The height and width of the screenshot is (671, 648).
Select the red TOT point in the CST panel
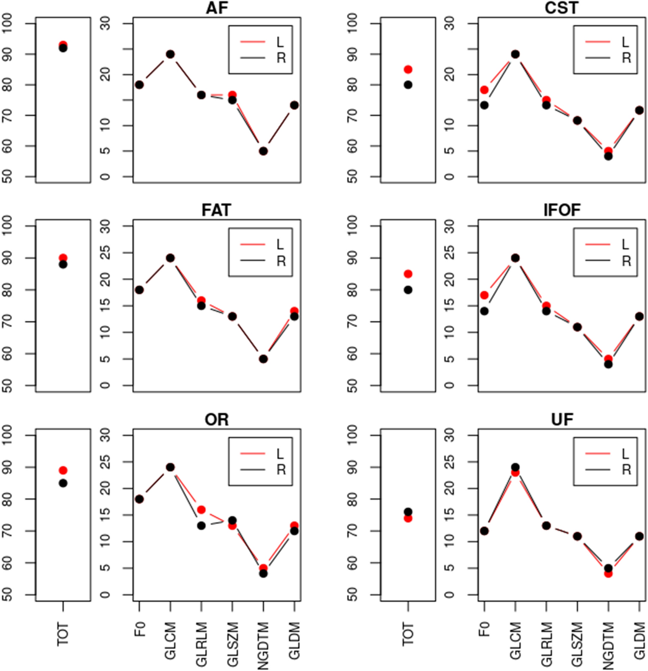pyautogui.click(x=408, y=69)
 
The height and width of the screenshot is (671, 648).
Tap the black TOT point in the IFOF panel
pyautogui.click(x=408, y=290)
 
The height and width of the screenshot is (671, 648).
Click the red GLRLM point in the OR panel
pyautogui.click(x=201, y=510)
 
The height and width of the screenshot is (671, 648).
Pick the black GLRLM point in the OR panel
pyautogui.click(x=201, y=525)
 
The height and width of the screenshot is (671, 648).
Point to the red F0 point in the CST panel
pyautogui.click(x=484, y=90)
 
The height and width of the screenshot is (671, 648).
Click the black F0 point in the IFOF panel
pyautogui.click(x=484, y=311)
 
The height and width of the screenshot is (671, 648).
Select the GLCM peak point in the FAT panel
pyautogui.click(x=170, y=258)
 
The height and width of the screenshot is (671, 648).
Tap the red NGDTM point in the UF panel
pyautogui.click(x=608, y=573)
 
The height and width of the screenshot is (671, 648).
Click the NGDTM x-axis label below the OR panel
pyautogui.click(x=263, y=645)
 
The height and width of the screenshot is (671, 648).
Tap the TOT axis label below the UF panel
pyautogui.click(x=408, y=634)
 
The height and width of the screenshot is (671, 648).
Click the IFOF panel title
pyautogui.click(x=561, y=210)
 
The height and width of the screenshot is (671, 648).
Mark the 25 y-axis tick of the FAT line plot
pyautogui.click(x=105, y=253)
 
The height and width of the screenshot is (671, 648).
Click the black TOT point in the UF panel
pyautogui.click(x=408, y=512)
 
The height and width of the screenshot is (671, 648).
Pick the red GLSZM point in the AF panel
pyautogui.click(x=232, y=95)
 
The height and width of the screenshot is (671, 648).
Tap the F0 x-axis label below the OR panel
pyautogui.click(x=140, y=629)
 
